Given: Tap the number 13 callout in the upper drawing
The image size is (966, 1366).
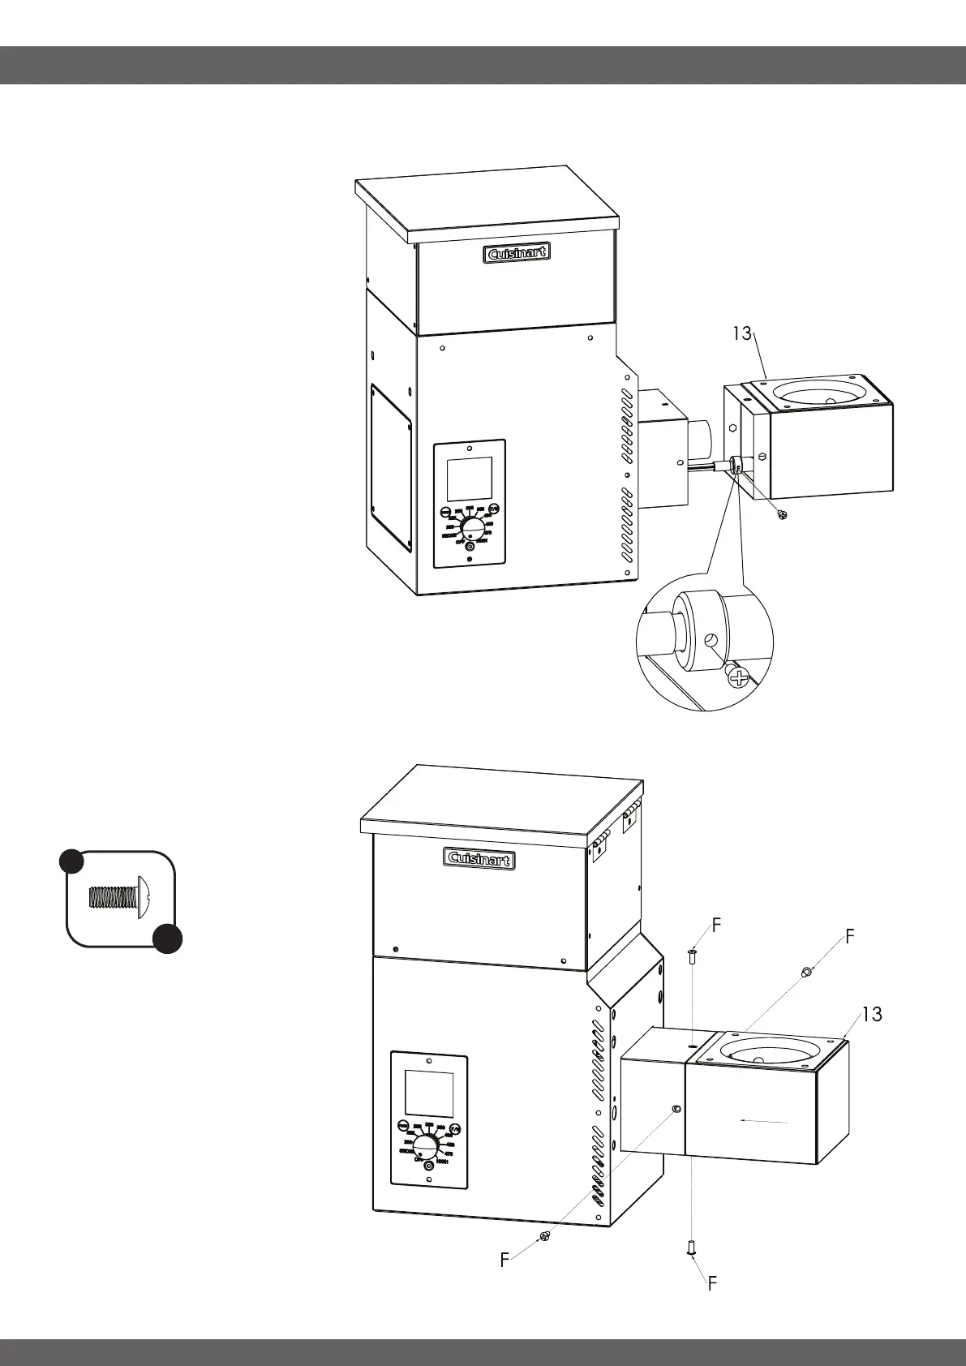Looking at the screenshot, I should coord(742,333).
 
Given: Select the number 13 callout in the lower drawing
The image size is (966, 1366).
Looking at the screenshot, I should coord(872,1014).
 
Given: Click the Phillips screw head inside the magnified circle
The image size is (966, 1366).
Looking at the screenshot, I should coord(738,677).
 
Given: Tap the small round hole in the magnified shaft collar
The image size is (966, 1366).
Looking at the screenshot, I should coord(711,640).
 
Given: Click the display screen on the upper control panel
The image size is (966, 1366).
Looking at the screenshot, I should coord(470,479).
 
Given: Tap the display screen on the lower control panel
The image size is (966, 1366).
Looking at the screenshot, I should coord(428,1093).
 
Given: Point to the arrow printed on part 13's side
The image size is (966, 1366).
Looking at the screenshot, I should coord(766,1121).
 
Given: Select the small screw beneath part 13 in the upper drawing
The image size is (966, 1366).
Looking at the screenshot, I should coord(782,515).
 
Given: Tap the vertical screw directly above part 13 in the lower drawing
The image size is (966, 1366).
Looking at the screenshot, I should coord(691,956).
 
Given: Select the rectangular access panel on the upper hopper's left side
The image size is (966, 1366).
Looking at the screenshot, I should coord(392,468).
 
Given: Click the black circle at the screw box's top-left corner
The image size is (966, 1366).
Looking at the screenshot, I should coord(71,861).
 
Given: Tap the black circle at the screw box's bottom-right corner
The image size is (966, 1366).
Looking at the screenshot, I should coord(167,938).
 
